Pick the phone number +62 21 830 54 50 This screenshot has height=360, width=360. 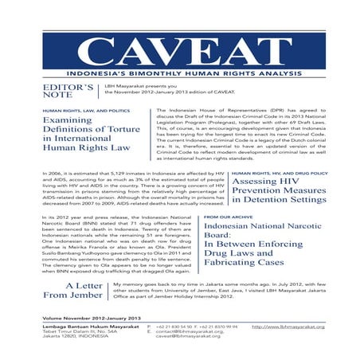coord(175,327)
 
